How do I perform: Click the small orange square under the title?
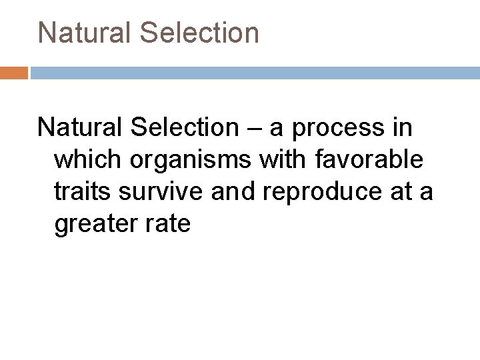[x=13, y=73]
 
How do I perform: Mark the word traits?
[x=84, y=192]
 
